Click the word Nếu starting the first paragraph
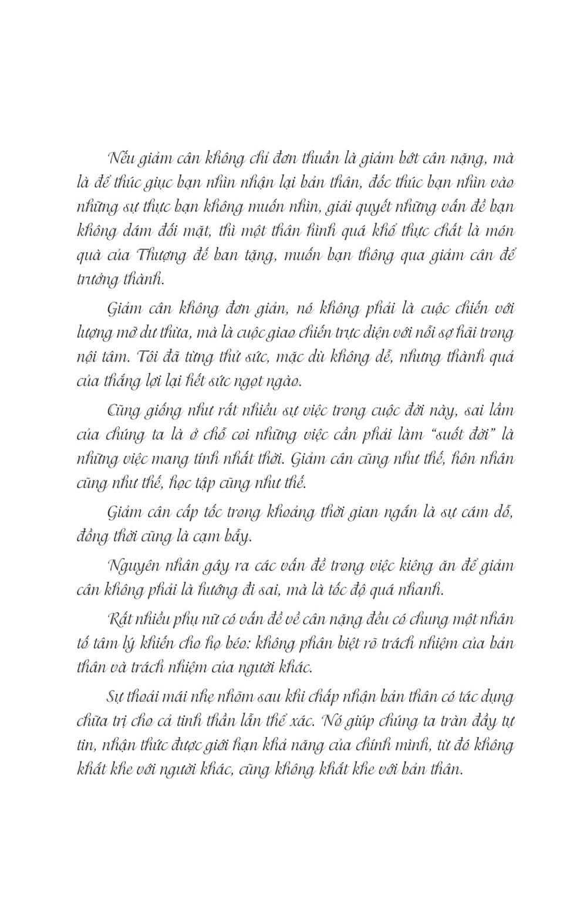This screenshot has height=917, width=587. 121,158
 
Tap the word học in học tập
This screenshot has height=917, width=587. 180,483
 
